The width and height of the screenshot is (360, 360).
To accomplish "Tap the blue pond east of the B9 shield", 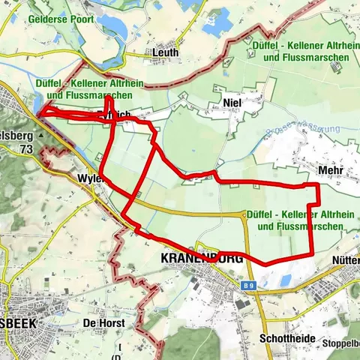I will [x=285, y=280].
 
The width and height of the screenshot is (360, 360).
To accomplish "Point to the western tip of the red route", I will [x=38, y=115].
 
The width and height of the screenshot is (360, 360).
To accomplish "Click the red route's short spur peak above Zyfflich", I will [x=109, y=97].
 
